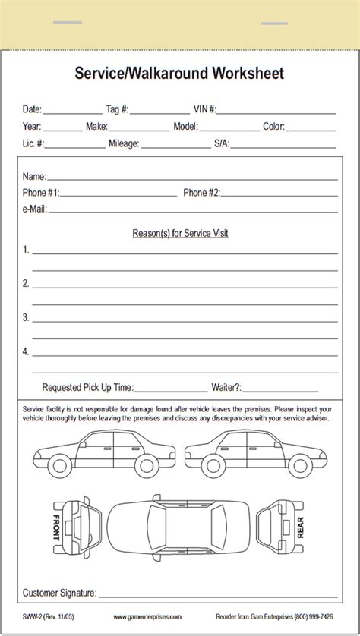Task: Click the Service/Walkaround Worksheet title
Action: [179, 73]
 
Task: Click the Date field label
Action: [33, 109]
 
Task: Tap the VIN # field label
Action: [204, 109]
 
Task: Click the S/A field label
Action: [221, 143]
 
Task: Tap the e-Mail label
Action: [35, 209]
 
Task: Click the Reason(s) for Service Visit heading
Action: [180, 233]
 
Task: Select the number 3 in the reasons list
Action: [26, 317]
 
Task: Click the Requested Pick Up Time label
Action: [87, 387]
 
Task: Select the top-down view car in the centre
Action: [179, 524]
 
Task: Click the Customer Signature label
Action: [59, 593]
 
